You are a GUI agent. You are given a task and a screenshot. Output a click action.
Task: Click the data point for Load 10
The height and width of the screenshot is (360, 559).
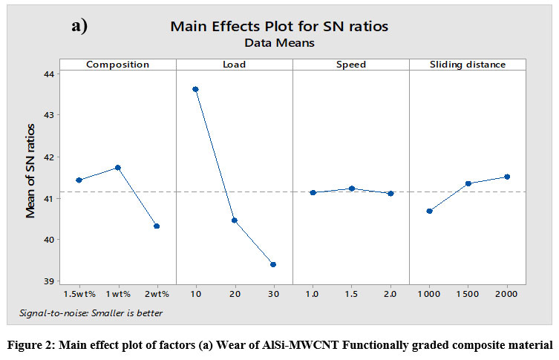tap(195, 89)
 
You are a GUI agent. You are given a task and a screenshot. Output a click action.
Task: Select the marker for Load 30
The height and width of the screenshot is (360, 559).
tap(273, 264)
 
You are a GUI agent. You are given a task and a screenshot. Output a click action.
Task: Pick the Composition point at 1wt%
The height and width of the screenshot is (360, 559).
tap(117, 168)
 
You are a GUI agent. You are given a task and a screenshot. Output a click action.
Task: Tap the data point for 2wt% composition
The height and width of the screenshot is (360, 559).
tap(157, 226)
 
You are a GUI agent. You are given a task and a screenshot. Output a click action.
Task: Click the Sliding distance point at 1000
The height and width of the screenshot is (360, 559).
tap(429, 211)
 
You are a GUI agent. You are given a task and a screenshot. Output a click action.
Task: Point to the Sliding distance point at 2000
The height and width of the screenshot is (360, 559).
tap(507, 177)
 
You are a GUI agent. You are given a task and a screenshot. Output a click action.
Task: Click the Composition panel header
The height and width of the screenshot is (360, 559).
tap(117, 65)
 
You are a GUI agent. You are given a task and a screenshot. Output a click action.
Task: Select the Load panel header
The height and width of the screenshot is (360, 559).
tap(235, 65)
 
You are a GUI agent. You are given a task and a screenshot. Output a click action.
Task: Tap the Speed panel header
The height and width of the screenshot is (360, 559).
tap(351, 65)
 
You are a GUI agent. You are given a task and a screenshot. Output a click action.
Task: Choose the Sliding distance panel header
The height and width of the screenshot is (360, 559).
tap(468, 65)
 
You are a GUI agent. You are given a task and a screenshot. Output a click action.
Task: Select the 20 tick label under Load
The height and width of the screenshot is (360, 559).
tap(235, 295)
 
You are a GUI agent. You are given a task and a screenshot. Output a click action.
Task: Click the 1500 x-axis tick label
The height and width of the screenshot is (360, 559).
tap(468, 295)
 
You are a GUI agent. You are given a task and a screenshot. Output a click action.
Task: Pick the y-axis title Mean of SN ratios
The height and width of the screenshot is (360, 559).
tap(31, 178)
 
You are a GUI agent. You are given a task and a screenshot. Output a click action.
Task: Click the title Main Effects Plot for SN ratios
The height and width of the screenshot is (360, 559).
tap(279, 27)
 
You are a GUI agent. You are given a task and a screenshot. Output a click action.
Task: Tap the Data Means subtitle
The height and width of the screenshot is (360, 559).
tap(279, 44)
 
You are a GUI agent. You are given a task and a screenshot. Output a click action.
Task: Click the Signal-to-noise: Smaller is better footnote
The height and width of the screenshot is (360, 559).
tap(91, 312)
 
